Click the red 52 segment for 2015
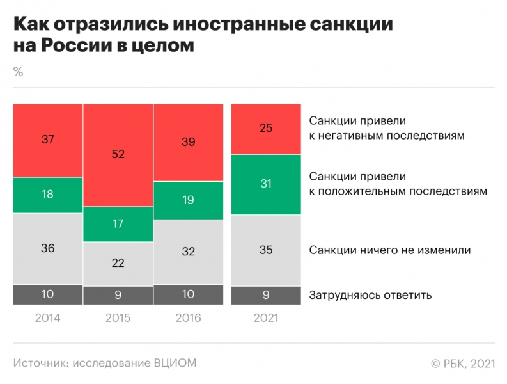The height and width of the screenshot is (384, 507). (118, 154)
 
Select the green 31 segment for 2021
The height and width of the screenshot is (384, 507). (266, 184)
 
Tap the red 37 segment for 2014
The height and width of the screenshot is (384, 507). (48, 140)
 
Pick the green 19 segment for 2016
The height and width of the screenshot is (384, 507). (188, 200)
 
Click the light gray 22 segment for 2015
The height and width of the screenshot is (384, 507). (118, 263)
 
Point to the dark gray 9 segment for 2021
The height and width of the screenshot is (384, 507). (266, 295)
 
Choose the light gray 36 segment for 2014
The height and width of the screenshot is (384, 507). (48, 248)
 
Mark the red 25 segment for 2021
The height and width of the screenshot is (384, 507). (266, 128)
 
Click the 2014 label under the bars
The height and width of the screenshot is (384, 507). (48, 318)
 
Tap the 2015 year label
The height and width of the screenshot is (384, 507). (118, 318)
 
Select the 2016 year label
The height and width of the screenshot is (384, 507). (188, 318)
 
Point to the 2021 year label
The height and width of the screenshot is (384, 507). (266, 318)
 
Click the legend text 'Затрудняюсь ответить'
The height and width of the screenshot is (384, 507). (371, 295)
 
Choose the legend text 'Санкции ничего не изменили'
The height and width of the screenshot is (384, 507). (390, 250)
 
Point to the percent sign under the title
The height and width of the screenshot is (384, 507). (18, 72)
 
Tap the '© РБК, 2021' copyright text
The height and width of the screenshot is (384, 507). (463, 363)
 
